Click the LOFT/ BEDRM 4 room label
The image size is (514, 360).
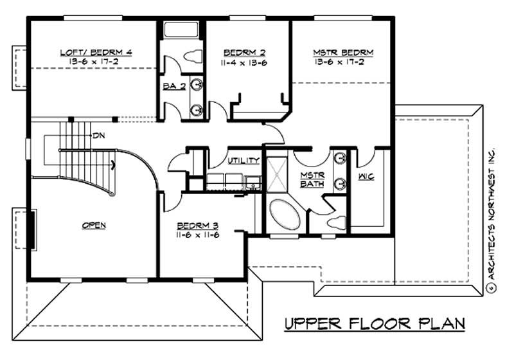click(96, 51)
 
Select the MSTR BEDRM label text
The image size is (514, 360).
click(343, 51)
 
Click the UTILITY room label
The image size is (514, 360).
click(244, 160)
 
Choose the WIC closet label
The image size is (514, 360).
click(367, 175)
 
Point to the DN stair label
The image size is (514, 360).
click(99, 135)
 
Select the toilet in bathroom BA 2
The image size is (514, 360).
click(192, 57)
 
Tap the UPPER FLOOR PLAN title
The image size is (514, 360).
click(374, 323)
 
